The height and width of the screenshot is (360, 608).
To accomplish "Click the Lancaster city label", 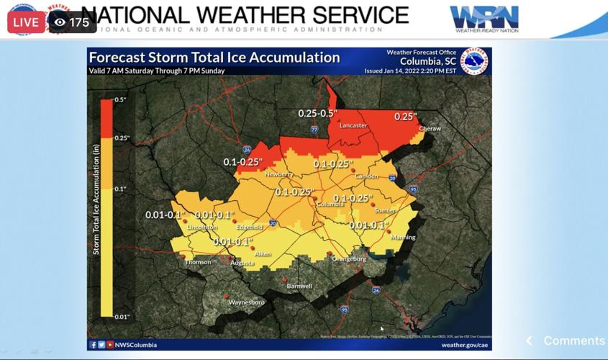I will (353, 126).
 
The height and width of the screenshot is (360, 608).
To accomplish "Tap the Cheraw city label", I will (430, 129).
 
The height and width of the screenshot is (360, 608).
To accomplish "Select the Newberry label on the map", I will (279, 174).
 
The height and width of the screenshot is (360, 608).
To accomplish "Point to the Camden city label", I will (366, 176).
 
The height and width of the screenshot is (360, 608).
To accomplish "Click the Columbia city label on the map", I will (330, 204).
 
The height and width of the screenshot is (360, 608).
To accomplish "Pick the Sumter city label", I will (385, 211).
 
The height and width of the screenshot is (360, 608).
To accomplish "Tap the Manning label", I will (403, 238).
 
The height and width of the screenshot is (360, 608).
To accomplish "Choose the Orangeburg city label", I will (349, 259).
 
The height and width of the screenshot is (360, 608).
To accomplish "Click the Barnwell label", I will (299, 287).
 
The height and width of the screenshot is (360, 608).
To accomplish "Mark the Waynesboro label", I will (246, 303).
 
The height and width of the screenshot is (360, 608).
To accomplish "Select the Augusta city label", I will (242, 264).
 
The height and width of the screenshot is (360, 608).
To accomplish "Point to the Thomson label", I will (198, 262).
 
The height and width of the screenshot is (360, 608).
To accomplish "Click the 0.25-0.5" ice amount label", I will (318, 114).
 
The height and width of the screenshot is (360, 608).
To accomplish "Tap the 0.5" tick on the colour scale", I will (120, 100).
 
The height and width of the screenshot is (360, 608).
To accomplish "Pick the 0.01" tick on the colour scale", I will (122, 317).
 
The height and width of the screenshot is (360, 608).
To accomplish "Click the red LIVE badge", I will (25, 22).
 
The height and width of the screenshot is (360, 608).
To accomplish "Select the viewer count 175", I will (73, 22).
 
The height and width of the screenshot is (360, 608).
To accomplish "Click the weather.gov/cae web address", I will (464, 345).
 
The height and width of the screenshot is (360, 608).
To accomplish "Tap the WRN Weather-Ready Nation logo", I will (484, 19).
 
